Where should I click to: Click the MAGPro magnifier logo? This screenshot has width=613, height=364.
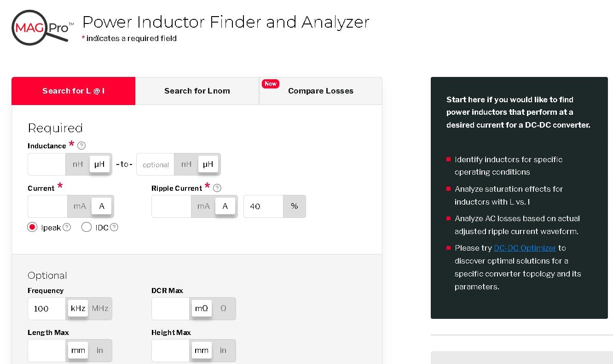(40, 28)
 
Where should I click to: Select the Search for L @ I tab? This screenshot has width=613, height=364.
(73, 91)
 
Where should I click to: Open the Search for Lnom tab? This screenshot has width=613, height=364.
(197, 91)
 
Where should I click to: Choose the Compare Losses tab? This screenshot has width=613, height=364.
(320, 91)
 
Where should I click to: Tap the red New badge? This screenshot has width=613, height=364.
(271, 83)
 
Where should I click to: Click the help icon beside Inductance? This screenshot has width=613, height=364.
(81, 146)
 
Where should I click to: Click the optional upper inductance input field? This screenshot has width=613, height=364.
(156, 164)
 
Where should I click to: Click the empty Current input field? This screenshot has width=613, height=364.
(47, 206)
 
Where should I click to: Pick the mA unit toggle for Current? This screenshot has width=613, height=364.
(80, 206)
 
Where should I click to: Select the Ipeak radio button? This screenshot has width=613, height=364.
(32, 227)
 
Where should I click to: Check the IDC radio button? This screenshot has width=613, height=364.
(86, 227)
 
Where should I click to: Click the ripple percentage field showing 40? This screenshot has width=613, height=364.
(263, 206)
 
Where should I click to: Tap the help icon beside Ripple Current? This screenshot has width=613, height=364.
(218, 188)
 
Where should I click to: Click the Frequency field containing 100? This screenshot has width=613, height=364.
(46, 308)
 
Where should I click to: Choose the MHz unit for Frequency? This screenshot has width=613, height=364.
(100, 308)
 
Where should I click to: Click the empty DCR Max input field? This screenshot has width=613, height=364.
(170, 308)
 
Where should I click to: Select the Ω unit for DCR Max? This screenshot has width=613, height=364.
(224, 308)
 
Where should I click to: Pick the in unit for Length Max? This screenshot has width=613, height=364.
(100, 350)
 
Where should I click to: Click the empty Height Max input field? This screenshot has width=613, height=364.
(170, 350)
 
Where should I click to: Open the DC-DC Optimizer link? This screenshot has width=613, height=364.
(525, 248)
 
